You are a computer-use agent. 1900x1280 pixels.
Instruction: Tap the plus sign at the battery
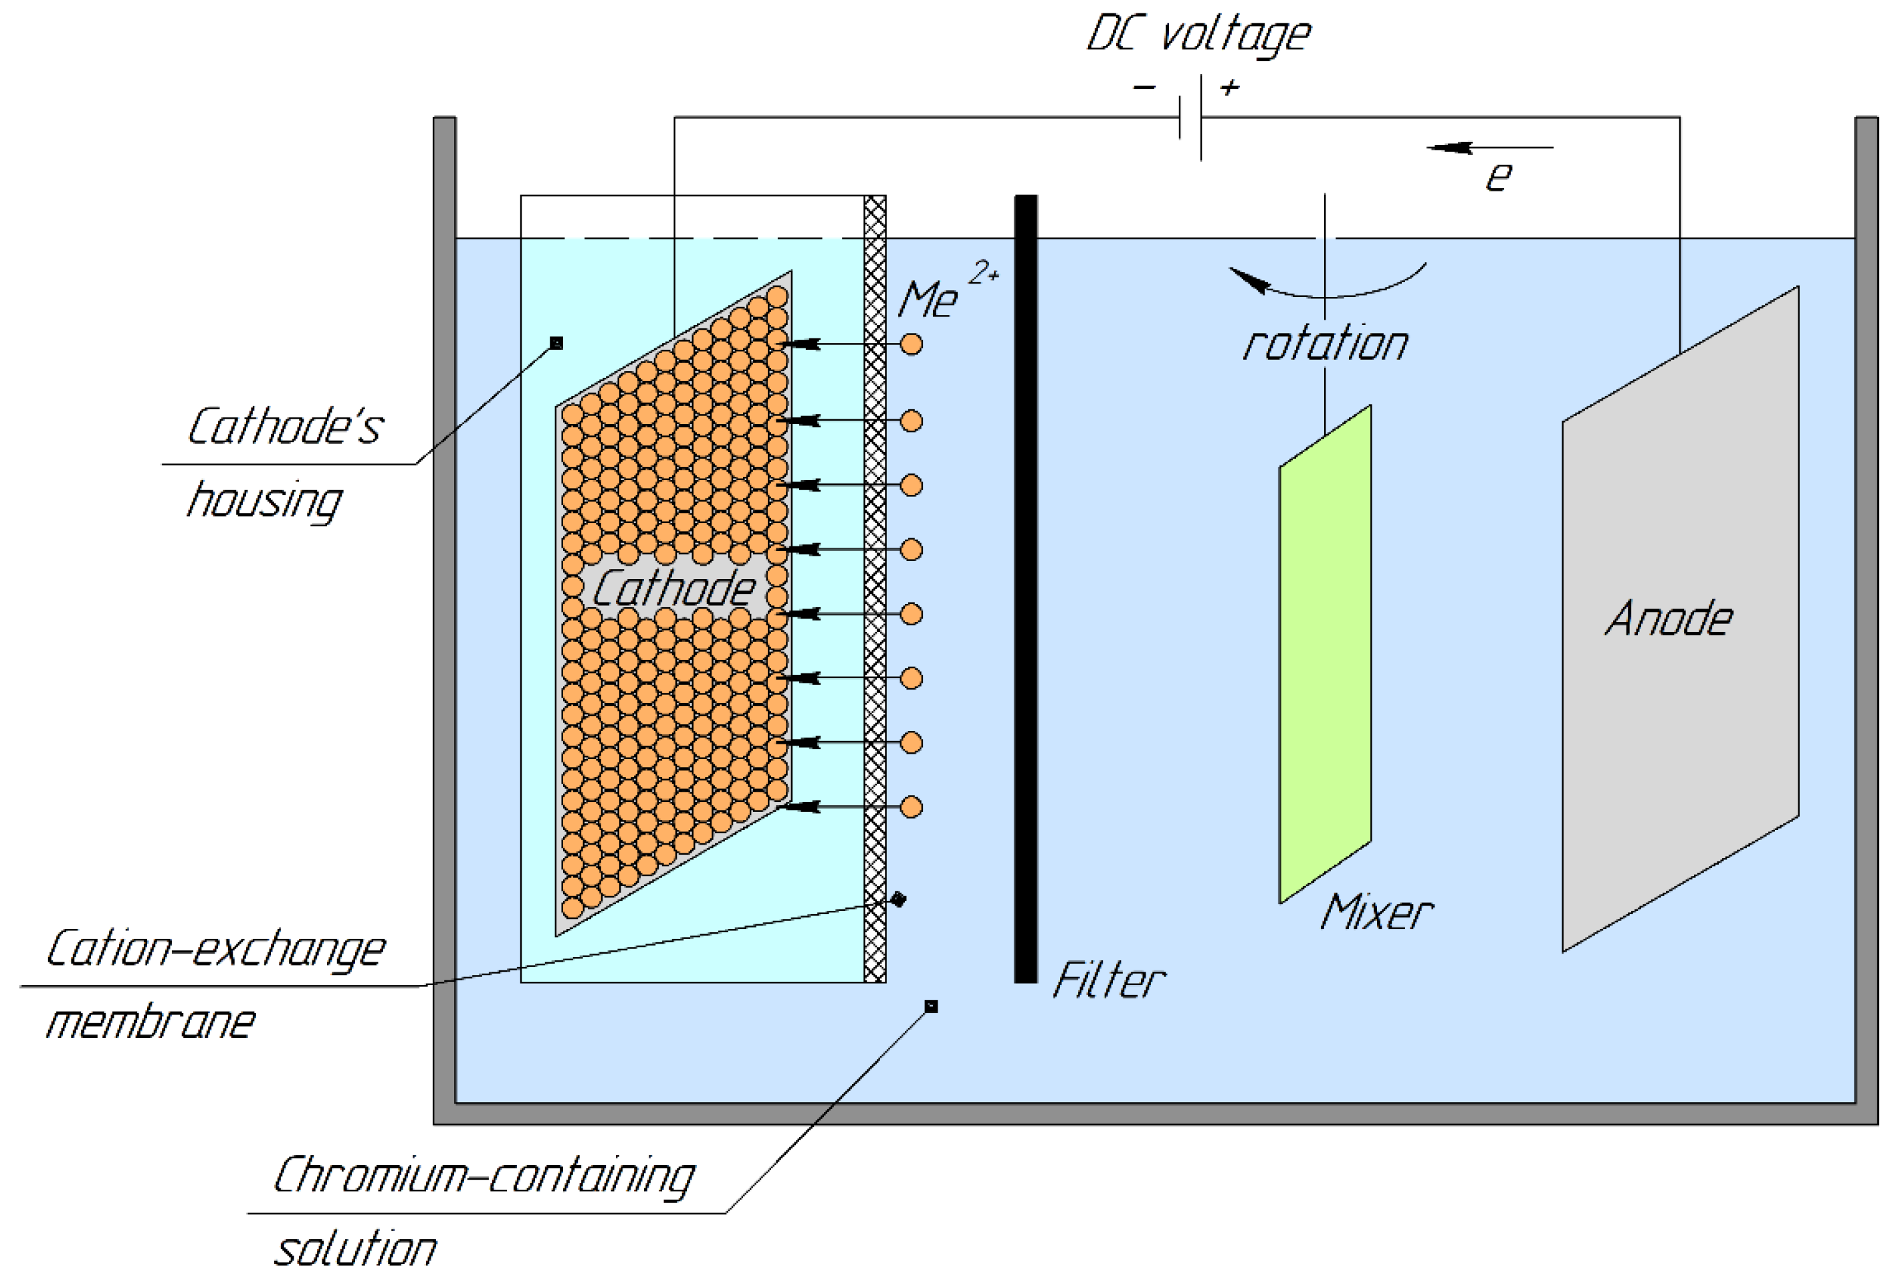[1229, 86]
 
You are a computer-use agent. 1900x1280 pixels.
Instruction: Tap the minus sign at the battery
[1144, 86]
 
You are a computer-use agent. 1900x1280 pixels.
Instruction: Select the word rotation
[1325, 344]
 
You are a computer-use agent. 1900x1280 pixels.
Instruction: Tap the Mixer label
[1376, 913]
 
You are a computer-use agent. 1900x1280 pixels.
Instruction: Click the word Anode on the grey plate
[1667, 619]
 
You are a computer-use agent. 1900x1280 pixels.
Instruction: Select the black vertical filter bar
[1025, 588]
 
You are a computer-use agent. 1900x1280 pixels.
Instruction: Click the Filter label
[1108, 981]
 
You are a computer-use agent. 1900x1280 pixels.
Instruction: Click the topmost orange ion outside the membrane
[911, 344]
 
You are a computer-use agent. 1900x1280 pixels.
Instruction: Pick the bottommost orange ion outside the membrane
[911, 807]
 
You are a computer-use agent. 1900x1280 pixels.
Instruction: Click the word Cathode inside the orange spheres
[673, 588]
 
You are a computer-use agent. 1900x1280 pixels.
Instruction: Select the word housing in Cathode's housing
[263, 501]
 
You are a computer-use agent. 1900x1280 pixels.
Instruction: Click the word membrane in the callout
[151, 1022]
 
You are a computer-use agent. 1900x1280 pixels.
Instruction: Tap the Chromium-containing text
[483, 1176]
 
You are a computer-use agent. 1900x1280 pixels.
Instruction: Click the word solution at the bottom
[355, 1250]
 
